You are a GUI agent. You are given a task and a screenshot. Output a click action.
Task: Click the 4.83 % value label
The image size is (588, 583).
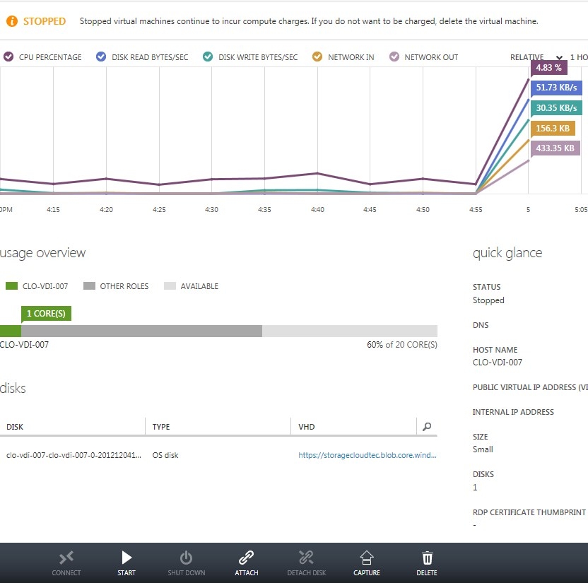pos(548,68)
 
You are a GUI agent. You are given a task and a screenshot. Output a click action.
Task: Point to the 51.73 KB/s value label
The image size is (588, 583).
pos(556,88)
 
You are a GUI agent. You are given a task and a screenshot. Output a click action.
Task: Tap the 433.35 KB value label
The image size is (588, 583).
pos(555,148)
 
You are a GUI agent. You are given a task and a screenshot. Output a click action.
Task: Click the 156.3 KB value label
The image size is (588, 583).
pos(553,128)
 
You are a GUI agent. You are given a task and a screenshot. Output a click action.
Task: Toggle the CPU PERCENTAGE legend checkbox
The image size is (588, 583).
pos(8,57)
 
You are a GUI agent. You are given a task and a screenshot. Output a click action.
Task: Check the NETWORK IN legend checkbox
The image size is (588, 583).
pos(317,57)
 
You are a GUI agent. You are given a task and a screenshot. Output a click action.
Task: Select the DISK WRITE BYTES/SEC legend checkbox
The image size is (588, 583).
pos(208,57)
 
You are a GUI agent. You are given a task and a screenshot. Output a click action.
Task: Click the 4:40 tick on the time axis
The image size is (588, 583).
pos(317,209)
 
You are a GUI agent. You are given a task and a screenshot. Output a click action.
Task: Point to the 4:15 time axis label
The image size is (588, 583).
pos(53,209)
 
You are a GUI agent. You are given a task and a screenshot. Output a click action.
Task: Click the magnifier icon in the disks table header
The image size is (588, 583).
pos(426,427)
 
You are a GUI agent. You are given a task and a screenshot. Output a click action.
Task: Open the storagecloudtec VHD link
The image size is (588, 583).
pos(367,456)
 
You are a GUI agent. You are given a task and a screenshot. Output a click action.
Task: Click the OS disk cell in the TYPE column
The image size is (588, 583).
pos(165,456)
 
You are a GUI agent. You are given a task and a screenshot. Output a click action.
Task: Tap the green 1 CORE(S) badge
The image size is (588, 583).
pos(46,313)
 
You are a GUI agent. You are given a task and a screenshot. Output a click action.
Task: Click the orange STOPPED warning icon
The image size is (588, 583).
pos(12,21)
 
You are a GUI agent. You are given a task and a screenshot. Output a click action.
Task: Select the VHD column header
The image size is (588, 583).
pos(307,427)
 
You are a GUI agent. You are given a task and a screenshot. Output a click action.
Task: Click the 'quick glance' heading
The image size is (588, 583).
pos(507,253)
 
